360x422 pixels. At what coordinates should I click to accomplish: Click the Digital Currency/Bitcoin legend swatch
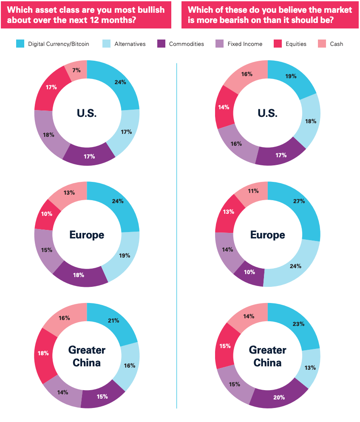tap(20, 44)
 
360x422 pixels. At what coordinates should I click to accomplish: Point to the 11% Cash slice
tap(253, 191)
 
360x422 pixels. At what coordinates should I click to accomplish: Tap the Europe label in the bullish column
tap(87, 235)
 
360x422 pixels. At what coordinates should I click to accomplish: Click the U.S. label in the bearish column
tap(267, 113)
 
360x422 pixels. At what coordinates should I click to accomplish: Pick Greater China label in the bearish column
tap(267, 356)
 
